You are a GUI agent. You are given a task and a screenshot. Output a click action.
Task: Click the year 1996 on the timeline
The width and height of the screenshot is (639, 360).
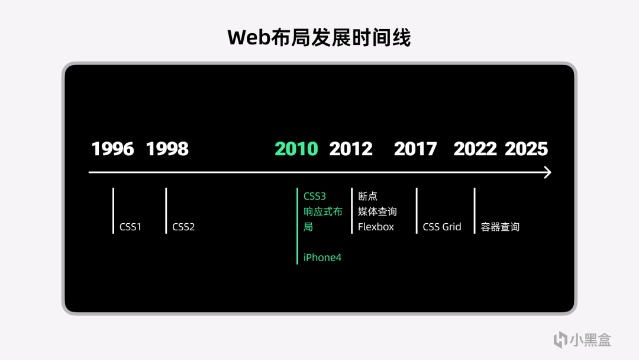click(x=112, y=149)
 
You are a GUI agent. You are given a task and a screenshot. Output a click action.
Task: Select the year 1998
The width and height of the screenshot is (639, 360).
click(x=167, y=149)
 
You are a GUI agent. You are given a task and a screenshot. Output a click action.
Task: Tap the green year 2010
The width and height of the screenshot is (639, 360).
click(x=296, y=149)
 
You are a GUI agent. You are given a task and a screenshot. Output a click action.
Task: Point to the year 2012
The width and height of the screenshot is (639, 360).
click(x=351, y=149)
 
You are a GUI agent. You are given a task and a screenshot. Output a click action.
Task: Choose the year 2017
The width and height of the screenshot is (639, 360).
click(x=415, y=149)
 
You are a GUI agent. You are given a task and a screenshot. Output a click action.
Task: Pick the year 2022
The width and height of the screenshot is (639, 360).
click(x=475, y=149)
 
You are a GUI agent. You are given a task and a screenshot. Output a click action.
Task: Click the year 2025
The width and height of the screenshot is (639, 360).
click(x=526, y=149)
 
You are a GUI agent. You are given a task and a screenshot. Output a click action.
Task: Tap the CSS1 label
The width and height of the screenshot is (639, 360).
click(x=130, y=227)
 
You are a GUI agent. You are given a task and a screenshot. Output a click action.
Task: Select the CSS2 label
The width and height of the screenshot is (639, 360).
click(x=183, y=227)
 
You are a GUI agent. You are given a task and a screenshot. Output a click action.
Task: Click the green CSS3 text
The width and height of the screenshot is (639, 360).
click(x=315, y=196)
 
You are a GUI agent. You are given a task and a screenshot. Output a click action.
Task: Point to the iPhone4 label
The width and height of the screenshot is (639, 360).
click(x=322, y=257)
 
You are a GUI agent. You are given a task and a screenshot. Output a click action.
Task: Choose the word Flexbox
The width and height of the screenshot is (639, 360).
click(x=376, y=227)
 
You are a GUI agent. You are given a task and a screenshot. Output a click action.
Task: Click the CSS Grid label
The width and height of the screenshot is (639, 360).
click(x=442, y=227)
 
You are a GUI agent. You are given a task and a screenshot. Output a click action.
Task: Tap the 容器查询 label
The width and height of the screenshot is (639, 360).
click(x=500, y=227)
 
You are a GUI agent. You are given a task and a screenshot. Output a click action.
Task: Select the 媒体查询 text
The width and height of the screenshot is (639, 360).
click(x=377, y=211)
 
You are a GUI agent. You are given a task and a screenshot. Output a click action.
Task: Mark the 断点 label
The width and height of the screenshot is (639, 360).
click(x=367, y=196)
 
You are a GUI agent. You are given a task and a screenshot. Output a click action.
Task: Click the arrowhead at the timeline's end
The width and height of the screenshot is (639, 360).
click(x=549, y=172)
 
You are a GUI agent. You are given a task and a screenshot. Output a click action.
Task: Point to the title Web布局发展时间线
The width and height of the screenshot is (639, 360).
click(x=319, y=37)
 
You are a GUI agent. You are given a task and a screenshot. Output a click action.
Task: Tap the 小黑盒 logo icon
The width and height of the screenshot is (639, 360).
click(x=560, y=340)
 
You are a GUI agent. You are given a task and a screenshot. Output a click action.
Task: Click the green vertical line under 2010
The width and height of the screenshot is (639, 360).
click(x=298, y=226)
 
